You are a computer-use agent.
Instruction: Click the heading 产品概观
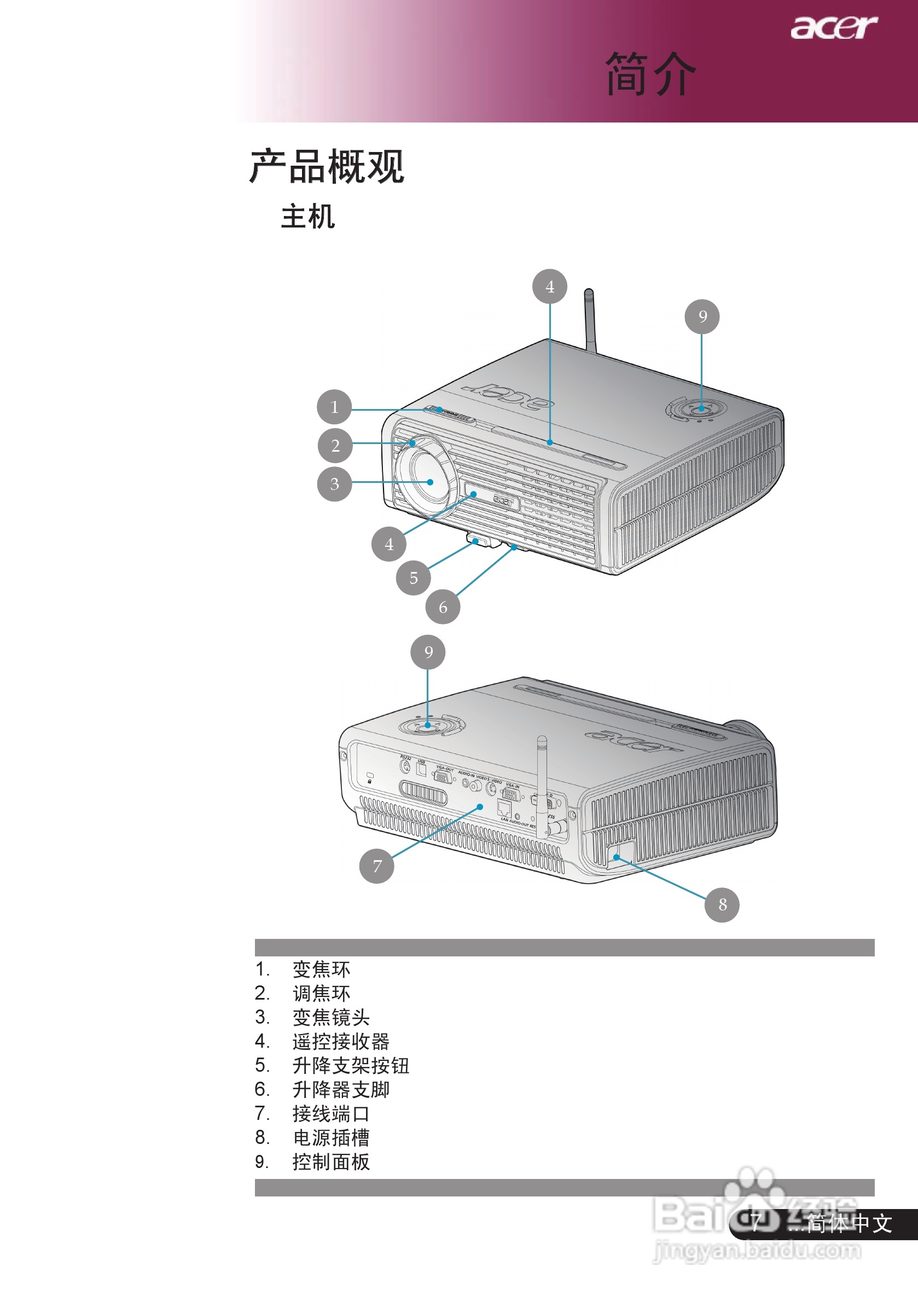click(x=327, y=167)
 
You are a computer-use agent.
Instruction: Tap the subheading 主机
click(x=307, y=217)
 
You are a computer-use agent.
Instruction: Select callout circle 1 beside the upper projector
click(x=334, y=407)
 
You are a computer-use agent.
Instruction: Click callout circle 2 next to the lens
click(x=335, y=446)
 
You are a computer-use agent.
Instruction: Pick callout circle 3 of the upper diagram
click(x=334, y=484)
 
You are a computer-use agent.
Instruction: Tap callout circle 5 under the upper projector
click(x=413, y=578)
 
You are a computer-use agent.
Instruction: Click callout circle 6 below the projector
click(x=443, y=608)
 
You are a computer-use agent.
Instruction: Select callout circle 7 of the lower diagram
click(x=377, y=866)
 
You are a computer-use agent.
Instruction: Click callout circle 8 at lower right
click(x=722, y=904)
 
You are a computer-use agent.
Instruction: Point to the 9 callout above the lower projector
click(x=428, y=652)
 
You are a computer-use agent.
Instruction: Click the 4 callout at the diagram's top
click(x=549, y=287)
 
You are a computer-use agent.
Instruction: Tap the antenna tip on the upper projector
click(x=588, y=293)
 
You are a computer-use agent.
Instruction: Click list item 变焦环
click(x=321, y=969)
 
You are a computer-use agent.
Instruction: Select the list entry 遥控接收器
click(x=340, y=1041)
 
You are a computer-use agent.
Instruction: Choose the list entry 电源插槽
click(x=331, y=1137)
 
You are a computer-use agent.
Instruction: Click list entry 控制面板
click(x=331, y=1162)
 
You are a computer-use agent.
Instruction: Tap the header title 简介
click(x=650, y=74)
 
